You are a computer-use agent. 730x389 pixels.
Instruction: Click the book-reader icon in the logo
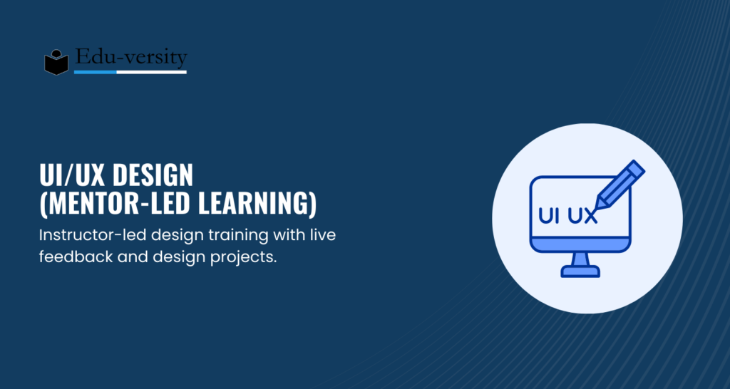[x=56, y=62]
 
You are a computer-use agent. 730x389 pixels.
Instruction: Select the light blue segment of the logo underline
[x=95, y=72]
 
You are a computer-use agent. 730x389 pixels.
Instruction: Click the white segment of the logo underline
[x=151, y=72]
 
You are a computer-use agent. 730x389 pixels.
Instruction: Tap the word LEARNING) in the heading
[x=257, y=204]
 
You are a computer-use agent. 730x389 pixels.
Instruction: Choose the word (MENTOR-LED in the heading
[x=115, y=204]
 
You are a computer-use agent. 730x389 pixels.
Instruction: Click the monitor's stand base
[x=580, y=271]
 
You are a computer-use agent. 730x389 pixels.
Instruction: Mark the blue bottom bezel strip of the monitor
[x=580, y=244]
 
